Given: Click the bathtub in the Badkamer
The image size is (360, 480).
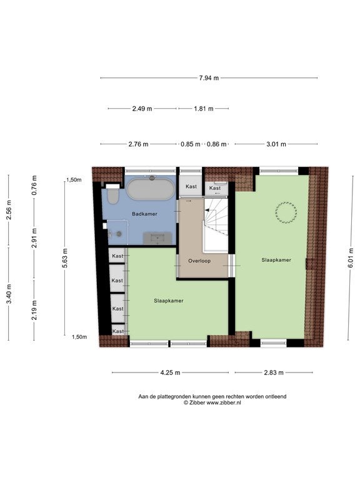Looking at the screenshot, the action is coord(151,189).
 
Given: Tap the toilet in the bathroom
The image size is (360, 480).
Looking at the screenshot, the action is coord(112,194).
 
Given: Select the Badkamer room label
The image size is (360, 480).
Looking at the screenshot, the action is coord(144,214).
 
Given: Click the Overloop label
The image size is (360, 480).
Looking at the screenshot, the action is coord(199,261).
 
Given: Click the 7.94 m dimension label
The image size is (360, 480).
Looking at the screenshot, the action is coord(209,77).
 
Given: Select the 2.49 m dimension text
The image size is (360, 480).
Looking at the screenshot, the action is coord(142,108).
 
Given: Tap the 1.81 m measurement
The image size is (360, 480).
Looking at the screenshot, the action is coord(204,108).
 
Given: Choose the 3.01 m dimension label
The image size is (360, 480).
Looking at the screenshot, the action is coord(276,144).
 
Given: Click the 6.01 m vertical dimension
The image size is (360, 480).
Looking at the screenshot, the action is coord(351,257).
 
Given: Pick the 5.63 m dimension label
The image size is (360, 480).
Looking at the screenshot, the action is coord(65,258).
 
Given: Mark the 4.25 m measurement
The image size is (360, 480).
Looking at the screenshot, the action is coord(170,372).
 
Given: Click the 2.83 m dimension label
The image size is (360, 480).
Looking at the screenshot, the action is coord(274,372).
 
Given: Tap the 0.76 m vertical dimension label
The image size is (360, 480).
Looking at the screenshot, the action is coord(34,185).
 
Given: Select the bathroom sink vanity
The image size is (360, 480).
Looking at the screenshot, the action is coord(157,238).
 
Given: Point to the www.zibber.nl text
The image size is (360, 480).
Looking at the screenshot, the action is coord(224,403).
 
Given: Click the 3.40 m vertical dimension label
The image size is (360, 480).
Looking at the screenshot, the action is coord(9,294).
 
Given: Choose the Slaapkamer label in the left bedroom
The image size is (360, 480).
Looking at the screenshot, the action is coord(169,301).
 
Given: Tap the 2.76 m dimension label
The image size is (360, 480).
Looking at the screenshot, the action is coord(138,144).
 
